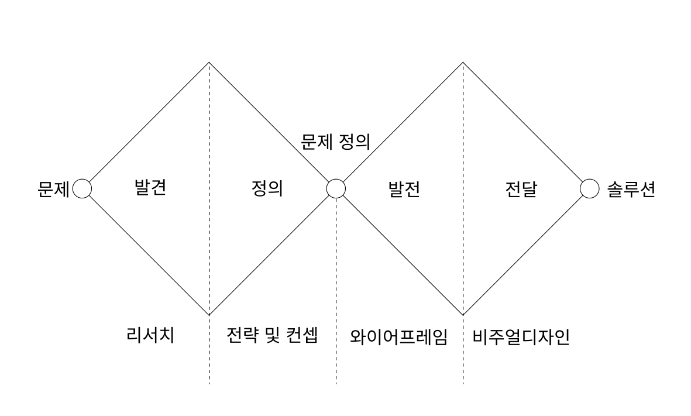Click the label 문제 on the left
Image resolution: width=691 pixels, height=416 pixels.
(x=53, y=190)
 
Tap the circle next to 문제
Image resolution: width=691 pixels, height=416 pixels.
(x=82, y=189)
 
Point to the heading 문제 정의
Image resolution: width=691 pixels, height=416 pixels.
(x=335, y=142)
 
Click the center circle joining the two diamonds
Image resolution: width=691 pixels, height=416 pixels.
(x=336, y=189)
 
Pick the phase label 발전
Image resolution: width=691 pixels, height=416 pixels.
(x=404, y=190)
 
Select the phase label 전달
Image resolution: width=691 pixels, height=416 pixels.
(x=521, y=190)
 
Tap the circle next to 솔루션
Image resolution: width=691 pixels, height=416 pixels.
(x=590, y=189)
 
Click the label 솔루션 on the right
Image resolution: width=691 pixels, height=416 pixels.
(x=631, y=190)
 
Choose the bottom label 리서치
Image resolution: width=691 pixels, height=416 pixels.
(x=150, y=336)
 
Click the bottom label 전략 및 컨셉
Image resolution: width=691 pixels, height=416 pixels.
(x=272, y=336)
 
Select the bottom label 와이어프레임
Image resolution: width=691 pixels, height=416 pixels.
(x=398, y=337)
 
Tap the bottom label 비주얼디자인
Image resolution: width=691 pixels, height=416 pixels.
(x=521, y=337)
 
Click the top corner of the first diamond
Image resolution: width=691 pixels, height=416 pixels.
(x=209, y=63)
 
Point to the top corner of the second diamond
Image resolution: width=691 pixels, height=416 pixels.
(x=463, y=63)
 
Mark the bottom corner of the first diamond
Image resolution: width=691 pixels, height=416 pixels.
(x=209, y=315)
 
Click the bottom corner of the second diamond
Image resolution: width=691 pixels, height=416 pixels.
(x=463, y=315)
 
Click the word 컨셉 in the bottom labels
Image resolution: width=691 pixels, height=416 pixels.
(x=302, y=336)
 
